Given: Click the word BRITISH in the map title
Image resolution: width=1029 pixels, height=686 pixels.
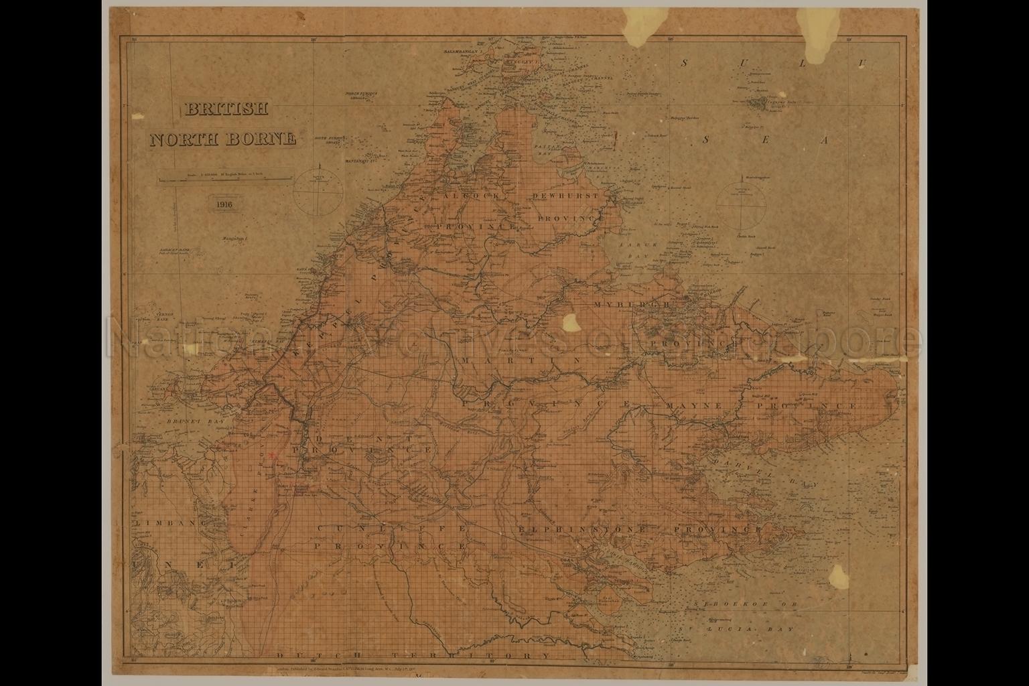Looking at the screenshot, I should tap(226, 109).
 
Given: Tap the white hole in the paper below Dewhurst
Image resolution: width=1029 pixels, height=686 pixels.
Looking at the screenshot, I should tap(571, 322).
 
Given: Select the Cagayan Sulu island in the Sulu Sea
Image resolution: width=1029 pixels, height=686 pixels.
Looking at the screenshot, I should tap(761, 104).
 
